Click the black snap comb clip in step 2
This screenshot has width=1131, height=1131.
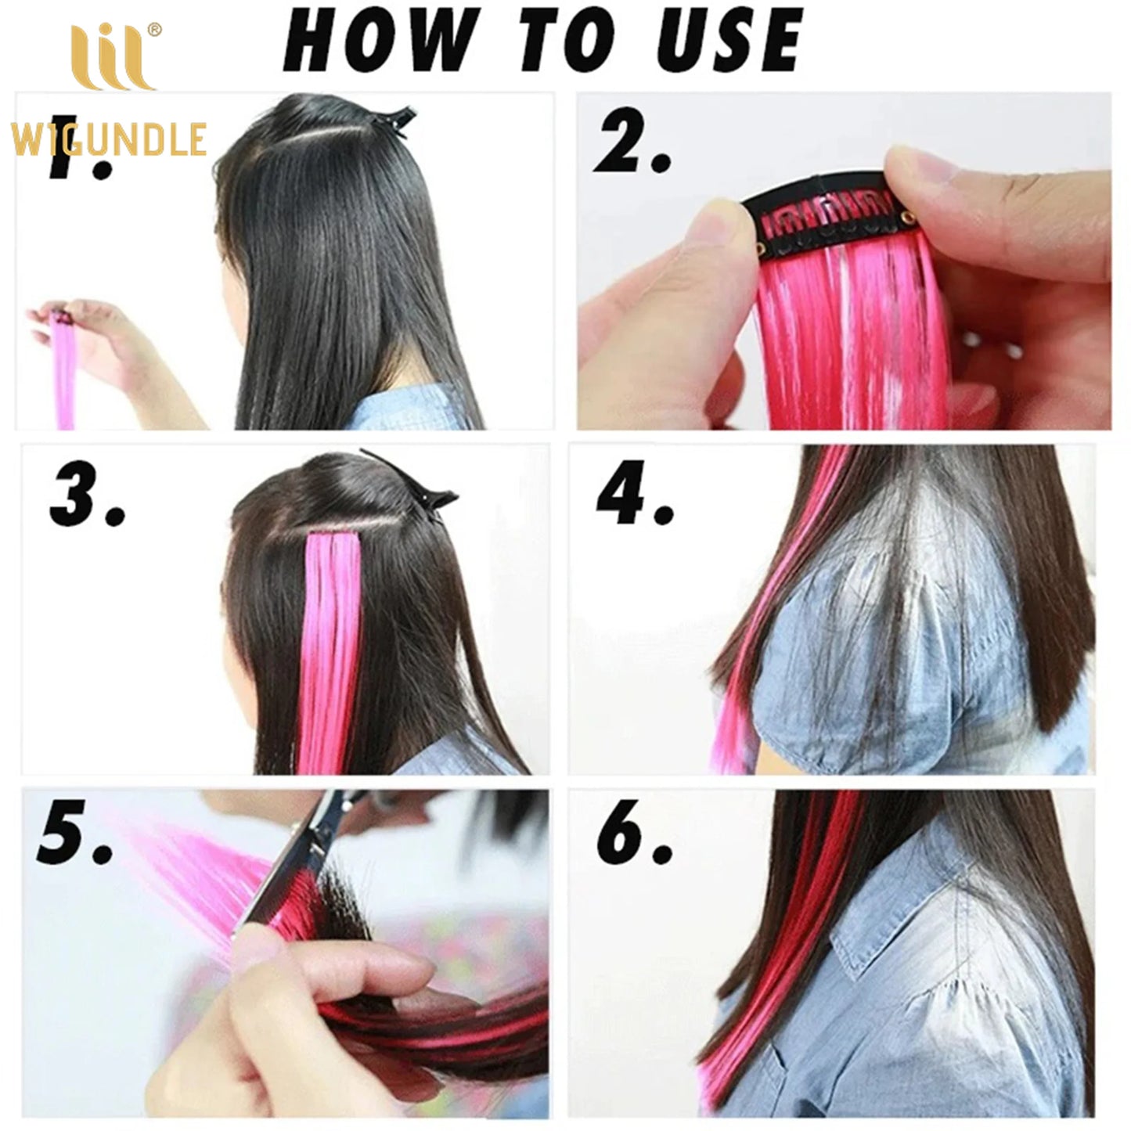coord(830,215)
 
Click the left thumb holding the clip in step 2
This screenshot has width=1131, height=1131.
coord(716,227)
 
